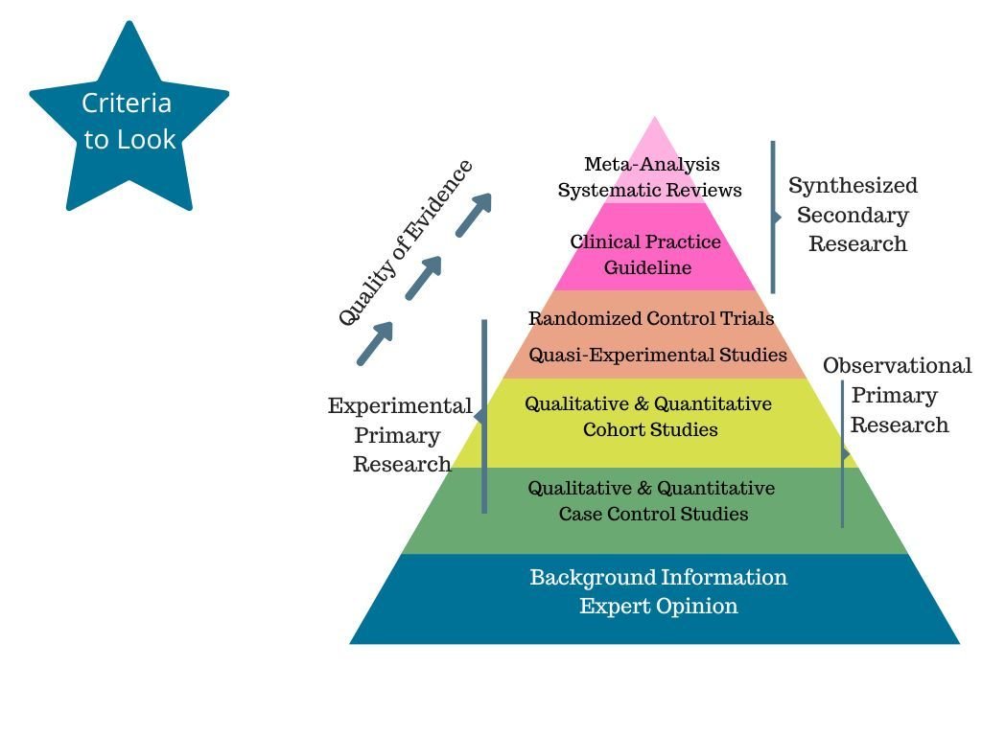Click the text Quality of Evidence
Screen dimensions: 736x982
(x=407, y=243)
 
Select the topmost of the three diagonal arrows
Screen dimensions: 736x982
(x=474, y=214)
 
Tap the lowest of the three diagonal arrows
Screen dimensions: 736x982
(x=375, y=343)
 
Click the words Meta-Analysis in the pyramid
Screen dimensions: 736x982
(x=652, y=165)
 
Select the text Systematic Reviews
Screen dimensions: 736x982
(x=650, y=190)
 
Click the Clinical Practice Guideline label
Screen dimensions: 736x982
(x=646, y=255)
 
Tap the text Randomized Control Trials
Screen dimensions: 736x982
(x=651, y=318)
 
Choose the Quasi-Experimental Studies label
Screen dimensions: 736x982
(x=658, y=355)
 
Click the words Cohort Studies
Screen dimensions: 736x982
(x=650, y=429)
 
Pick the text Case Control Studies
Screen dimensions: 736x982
(x=653, y=514)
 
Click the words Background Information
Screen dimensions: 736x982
(x=659, y=577)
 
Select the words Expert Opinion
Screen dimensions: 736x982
(x=659, y=606)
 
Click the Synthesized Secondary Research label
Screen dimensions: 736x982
(x=853, y=215)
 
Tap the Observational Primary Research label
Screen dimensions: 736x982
(x=898, y=395)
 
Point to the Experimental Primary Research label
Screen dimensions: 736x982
(x=400, y=435)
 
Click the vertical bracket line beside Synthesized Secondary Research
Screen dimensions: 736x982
(x=773, y=217)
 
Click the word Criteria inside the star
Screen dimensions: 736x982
(x=127, y=103)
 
